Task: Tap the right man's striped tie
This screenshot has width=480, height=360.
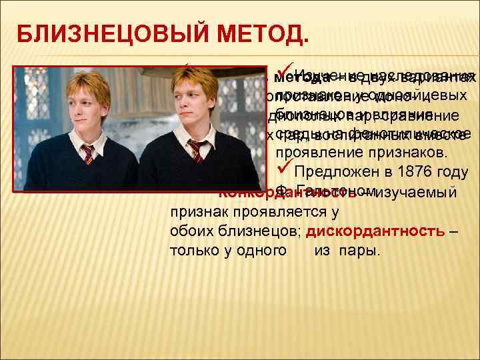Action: point(196,151)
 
